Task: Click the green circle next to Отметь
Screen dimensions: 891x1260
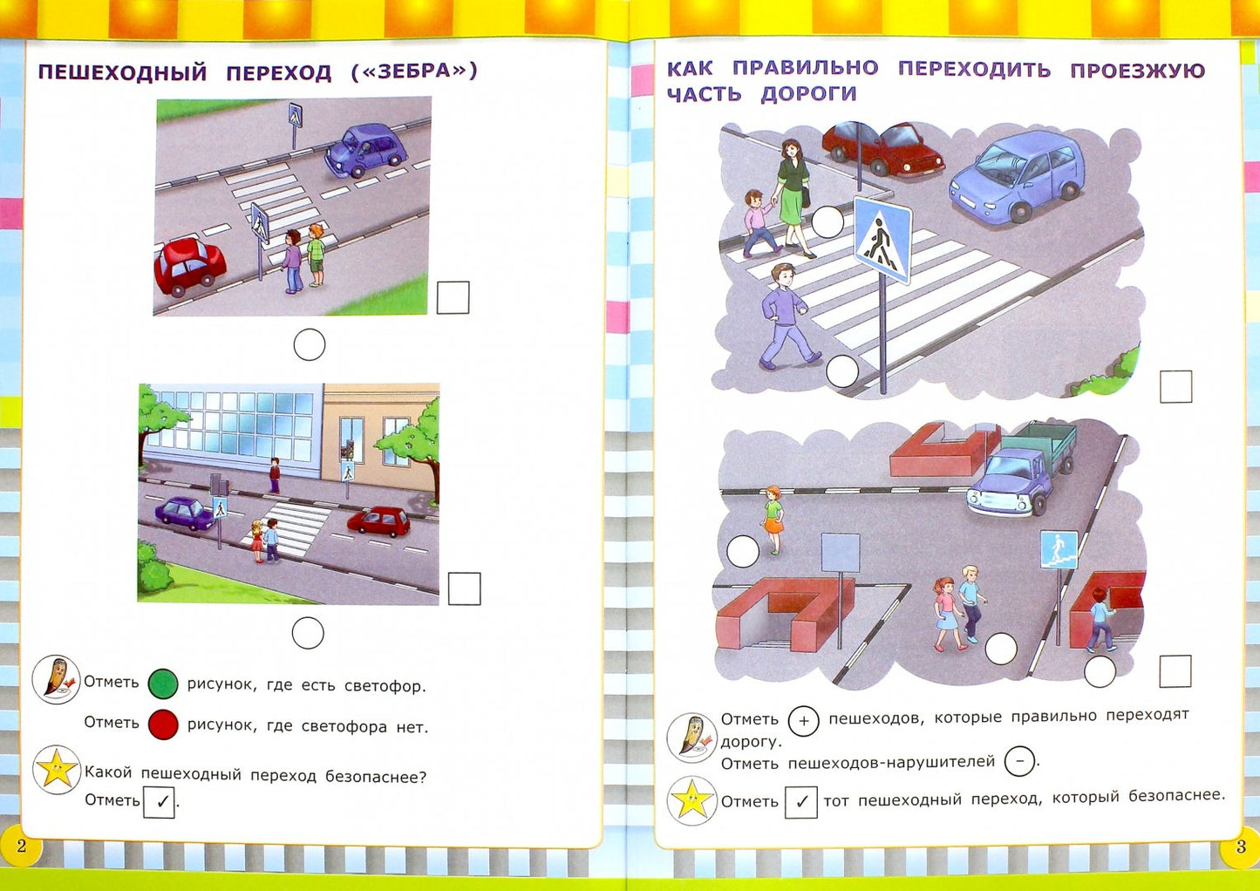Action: [163, 684]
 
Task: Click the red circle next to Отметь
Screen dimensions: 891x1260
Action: [163, 724]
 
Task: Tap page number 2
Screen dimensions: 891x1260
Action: [22, 846]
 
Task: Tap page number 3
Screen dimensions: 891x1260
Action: [1241, 847]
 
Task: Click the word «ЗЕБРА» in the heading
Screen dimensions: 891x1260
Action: [414, 71]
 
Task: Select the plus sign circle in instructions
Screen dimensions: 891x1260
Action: [803, 721]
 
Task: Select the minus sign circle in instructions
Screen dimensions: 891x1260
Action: [1019, 762]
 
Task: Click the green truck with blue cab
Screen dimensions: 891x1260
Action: [1025, 471]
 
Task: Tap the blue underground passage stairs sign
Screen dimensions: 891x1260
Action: [1059, 550]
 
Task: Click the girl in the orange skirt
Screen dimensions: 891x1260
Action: [773, 520]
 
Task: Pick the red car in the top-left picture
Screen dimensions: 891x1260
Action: [188, 265]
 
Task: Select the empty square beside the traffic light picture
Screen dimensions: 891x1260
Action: [464, 588]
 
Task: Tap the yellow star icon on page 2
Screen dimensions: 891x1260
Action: [56, 771]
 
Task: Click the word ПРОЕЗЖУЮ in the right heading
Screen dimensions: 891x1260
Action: [1137, 70]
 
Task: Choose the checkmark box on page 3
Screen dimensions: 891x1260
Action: [800, 802]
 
